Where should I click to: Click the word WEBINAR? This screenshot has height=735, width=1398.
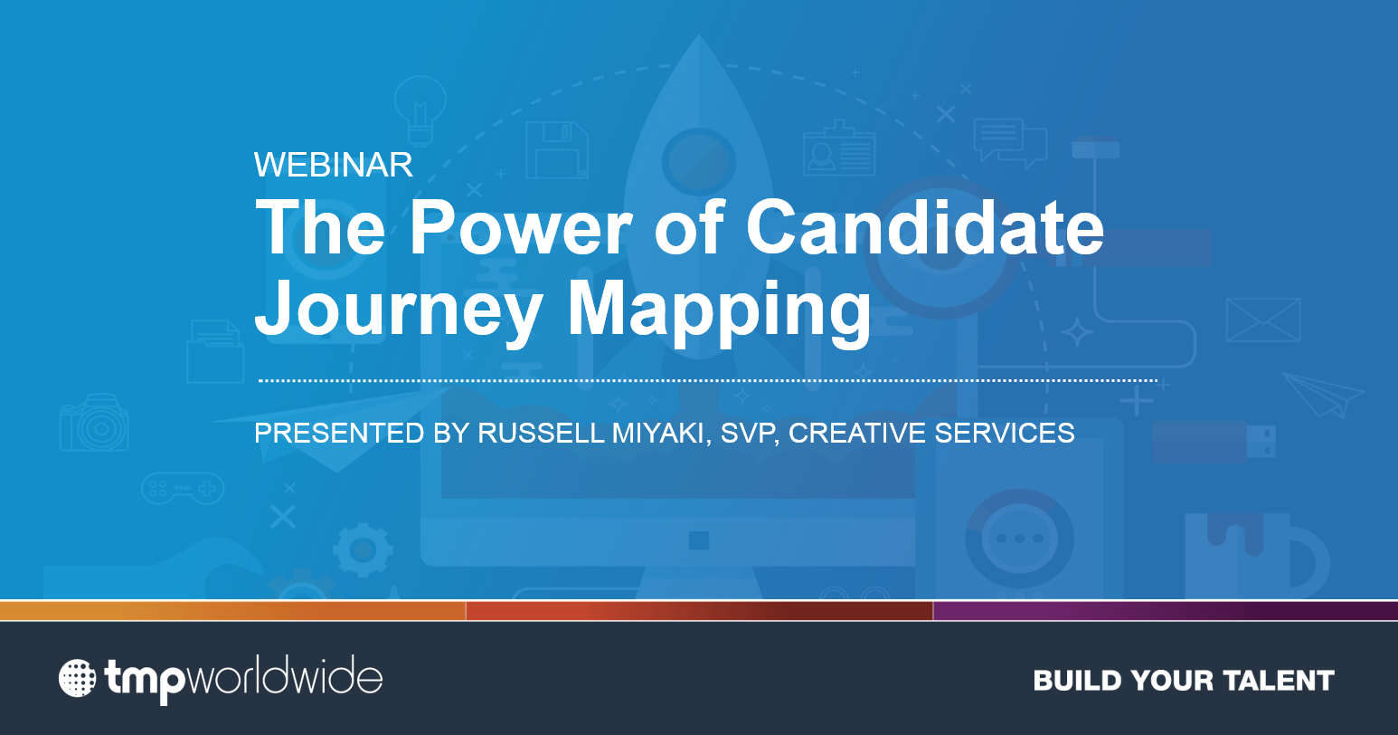click(334, 165)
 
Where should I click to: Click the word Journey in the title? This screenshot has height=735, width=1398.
click(399, 310)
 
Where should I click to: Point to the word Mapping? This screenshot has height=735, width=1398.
click(719, 310)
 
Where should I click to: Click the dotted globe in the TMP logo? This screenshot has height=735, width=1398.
click(78, 678)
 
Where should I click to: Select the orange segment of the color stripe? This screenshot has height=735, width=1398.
click(232, 611)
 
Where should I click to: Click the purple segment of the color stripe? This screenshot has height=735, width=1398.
click(1166, 611)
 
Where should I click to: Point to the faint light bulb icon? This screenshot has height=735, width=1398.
click(420, 110)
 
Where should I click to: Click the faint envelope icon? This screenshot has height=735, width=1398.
click(1263, 320)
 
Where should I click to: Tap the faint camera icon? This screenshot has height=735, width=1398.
click(94, 423)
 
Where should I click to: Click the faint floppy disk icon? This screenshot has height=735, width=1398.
click(557, 150)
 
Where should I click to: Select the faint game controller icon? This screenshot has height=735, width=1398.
click(183, 488)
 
